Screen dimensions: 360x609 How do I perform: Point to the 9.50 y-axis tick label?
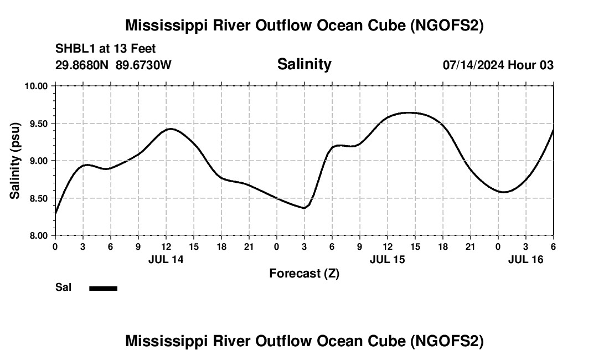tap(39, 124)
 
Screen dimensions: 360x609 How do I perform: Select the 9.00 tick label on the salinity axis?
tap(39, 161)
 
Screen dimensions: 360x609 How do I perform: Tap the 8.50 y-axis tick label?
tap(39, 198)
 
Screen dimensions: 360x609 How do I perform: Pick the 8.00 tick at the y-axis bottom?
tap(39, 235)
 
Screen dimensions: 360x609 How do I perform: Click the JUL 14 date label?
tap(166, 259)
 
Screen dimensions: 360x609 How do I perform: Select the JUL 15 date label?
tap(387, 259)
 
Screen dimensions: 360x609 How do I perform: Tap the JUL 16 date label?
tap(525, 259)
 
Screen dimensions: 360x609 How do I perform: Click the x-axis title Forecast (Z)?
tap(304, 273)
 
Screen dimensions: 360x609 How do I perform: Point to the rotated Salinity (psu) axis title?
tap(15, 161)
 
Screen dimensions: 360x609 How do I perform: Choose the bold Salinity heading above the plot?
tap(304, 64)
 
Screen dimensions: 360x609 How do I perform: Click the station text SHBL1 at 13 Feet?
tap(106, 49)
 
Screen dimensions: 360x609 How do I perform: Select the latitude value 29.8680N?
tap(82, 65)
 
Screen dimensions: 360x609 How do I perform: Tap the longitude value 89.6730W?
tap(143, 65)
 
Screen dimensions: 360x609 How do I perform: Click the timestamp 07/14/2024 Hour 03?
tap(498, 65)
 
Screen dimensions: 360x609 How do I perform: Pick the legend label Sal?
tap(63, 287)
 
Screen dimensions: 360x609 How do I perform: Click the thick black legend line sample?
tap(103, 288)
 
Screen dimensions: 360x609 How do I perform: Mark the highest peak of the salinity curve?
tap(409, 112)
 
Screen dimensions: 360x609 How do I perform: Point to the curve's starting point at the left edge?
tap(56, 213)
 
